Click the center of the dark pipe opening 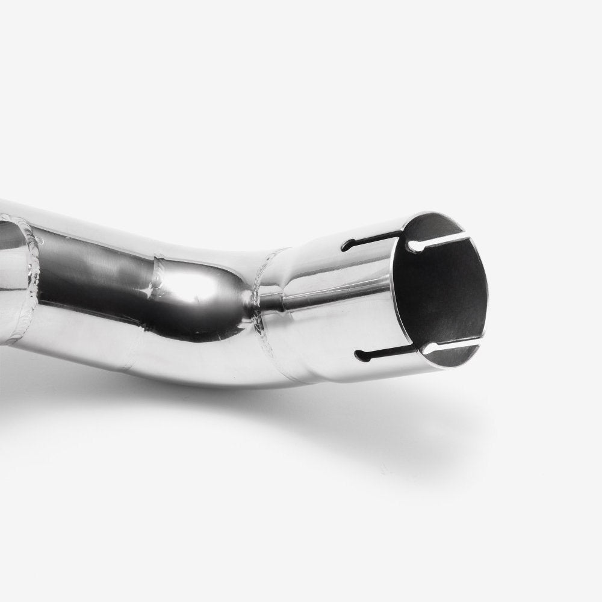point(442,295)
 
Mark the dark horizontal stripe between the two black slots point(337,299)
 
